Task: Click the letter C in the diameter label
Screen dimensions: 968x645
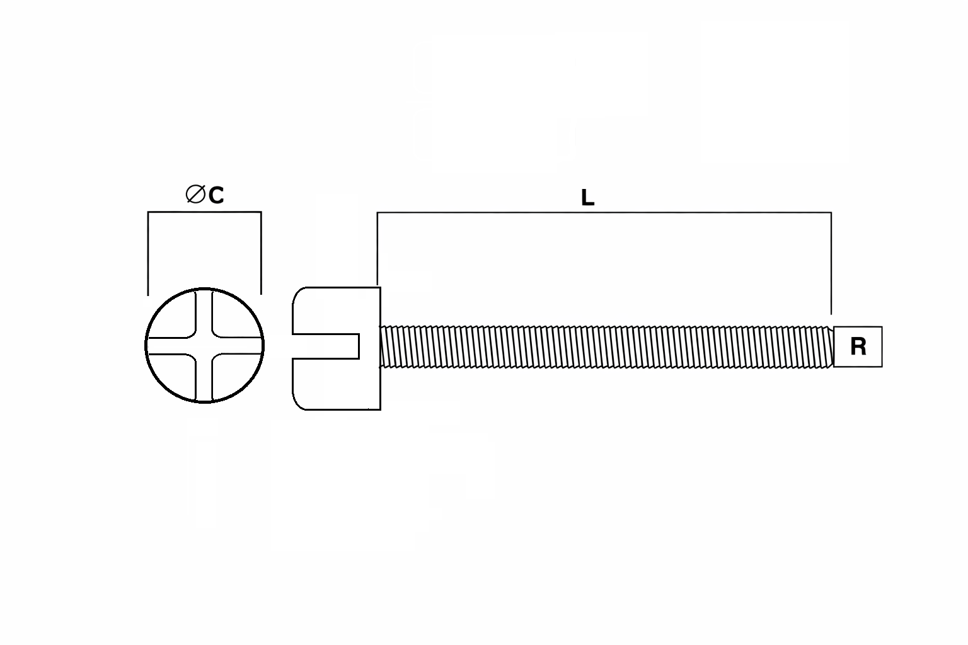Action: pos(216,195)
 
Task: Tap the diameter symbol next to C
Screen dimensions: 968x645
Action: pos(195,194)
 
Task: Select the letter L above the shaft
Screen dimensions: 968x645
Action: pos(587,198)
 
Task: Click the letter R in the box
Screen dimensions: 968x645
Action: pos(858,346)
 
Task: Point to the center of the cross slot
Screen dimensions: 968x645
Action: pos(204,346)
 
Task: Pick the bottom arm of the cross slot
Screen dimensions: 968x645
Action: pos(204,378)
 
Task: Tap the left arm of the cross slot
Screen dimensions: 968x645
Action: pos(171,346)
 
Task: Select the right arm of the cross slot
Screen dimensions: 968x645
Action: pos(237,346)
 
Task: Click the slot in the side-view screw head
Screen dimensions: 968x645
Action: pos(326,346)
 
